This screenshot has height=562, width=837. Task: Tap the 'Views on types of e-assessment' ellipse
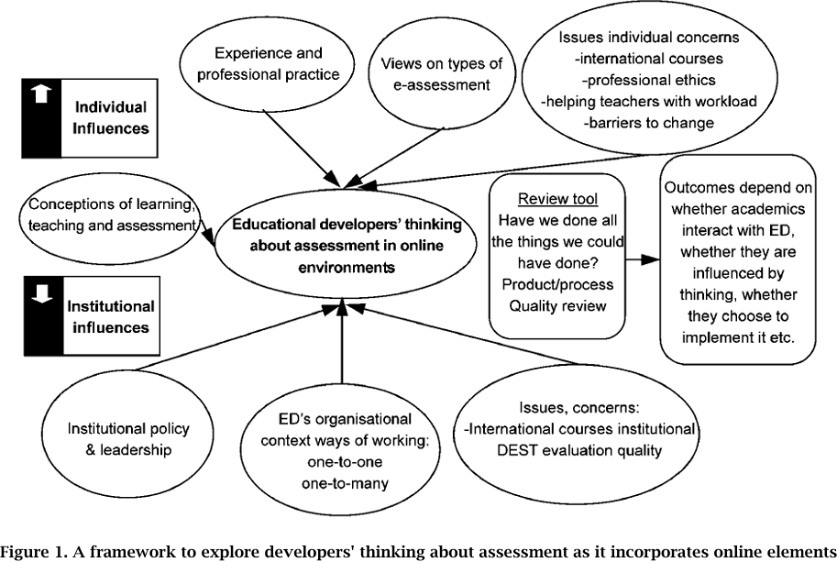pyautogui.click(x=435, y=73)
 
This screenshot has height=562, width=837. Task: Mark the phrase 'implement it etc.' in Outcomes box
pyautogui.click(x=738, y=336)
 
